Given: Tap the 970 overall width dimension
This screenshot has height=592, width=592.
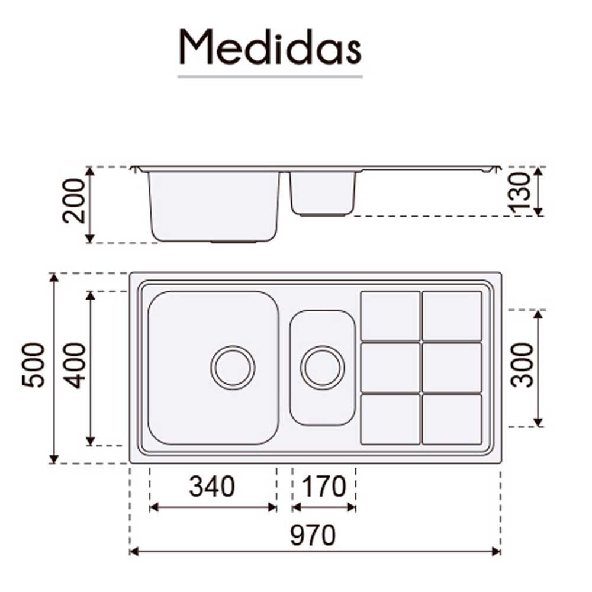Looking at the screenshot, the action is [x=313, y=535].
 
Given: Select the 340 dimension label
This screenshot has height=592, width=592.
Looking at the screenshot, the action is [x=212, y=486].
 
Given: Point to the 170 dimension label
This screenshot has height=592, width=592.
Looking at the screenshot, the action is [x=324, y=486].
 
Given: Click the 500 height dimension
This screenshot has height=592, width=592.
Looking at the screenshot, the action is [x=33, y=365].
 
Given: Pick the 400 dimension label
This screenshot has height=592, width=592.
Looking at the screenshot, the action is [x=75, y=365].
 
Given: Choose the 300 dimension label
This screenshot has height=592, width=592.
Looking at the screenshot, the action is [x=522, y=365].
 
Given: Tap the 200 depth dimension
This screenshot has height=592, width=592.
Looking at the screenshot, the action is [x=73, y=201].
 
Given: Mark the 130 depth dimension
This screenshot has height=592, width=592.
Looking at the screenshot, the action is [x=520, y=193].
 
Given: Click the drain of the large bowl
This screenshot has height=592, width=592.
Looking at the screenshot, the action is [x=233, y=368].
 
